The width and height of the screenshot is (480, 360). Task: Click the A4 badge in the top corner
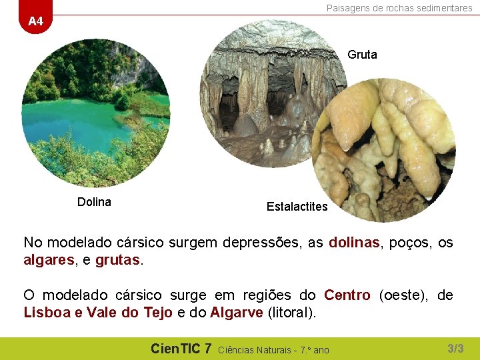click(x=35, y=21)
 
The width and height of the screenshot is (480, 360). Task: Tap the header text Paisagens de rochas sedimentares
click(x=399, y=8)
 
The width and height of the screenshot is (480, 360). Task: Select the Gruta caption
click(x=362, y=55)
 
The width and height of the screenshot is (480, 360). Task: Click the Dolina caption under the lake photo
click(x=94, y=202)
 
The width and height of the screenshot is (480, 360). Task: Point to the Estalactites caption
click(x=297, y=207)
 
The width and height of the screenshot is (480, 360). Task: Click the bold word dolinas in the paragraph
click(x=354, y=243)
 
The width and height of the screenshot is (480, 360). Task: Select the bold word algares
click(x=48, y=260)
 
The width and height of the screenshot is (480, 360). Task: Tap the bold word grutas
click(x=117, y=260)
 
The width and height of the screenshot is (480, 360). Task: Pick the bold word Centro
click(x=347, y=295)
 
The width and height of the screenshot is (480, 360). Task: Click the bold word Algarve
click(x=236, y=312)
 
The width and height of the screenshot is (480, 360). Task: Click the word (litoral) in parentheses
click(x=292, y=312)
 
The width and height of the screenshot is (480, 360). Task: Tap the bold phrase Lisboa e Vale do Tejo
click(x=98, y=312)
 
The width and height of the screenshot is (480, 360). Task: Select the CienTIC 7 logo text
click(x=181, y=348)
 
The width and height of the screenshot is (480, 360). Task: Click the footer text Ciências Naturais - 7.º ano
click(x=273, y=349)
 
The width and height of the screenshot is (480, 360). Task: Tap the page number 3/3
click(x=455, y=348)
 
